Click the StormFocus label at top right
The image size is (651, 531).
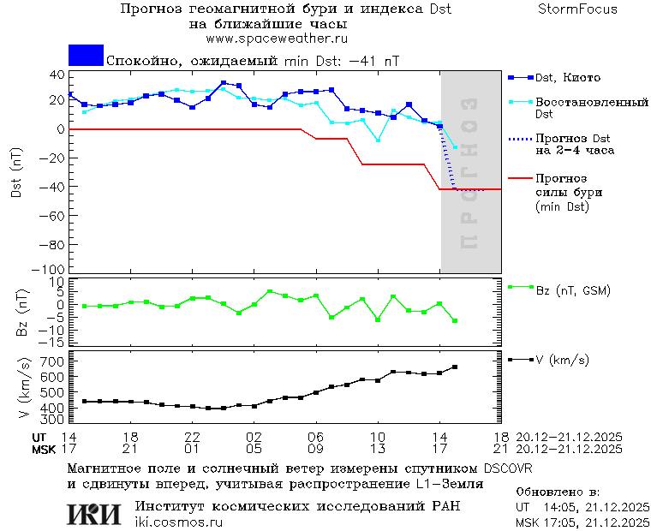(x=577, y=9)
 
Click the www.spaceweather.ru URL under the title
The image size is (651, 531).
(x=277, y=39)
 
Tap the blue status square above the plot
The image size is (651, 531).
(x=86, y=55)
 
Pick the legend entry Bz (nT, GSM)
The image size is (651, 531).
(x=572, y=291)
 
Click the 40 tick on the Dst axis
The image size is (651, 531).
(x=57, y=75)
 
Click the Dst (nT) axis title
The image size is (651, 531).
(x=17, y=173)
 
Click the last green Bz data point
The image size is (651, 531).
(x=455, y=320)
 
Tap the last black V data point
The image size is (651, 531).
(x=455, y=367)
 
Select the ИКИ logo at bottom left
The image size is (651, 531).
(x=94, y=514)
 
